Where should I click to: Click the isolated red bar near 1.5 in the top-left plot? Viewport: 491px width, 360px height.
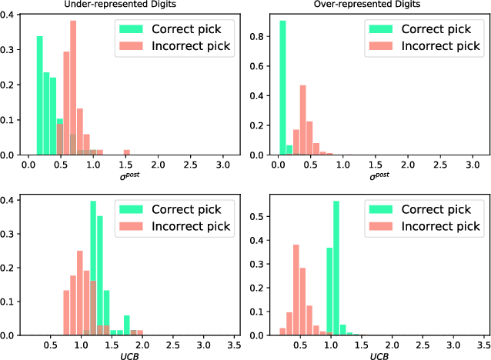(127, 152)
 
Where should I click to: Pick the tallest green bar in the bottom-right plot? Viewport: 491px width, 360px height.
(336, 269)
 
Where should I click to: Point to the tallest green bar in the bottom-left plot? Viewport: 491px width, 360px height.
(93, 269)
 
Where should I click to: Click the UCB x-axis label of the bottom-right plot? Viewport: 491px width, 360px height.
(379, 355)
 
